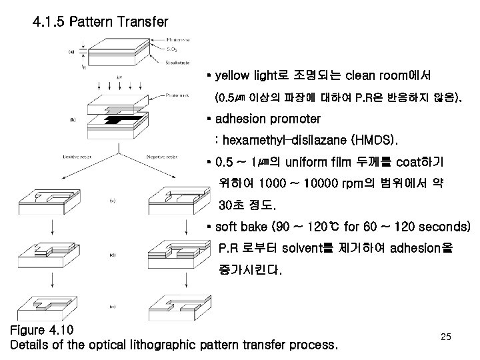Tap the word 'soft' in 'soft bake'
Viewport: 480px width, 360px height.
pos(230,227)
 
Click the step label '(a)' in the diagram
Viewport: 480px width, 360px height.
pos(71,52)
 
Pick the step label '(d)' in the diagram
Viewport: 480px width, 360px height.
pos(113,254)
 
